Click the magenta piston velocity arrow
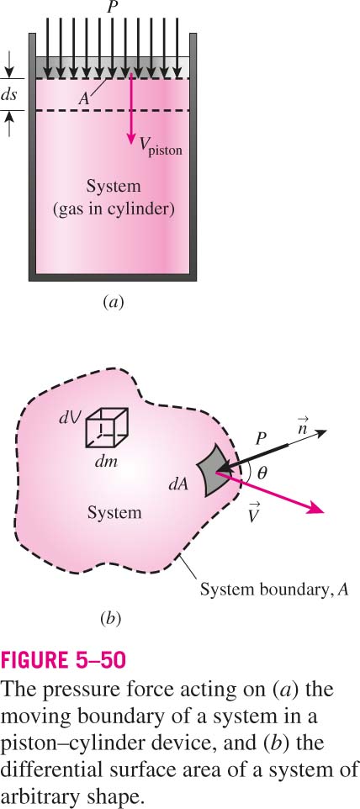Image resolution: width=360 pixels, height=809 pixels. point(131,108)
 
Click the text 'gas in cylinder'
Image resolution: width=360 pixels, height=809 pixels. point(114,209)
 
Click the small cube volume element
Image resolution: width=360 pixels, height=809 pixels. point(106,427)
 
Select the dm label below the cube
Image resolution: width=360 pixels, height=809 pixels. point(106,460)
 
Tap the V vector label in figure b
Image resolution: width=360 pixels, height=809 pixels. point(253,514)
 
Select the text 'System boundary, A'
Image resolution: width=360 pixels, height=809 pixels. point(274,590)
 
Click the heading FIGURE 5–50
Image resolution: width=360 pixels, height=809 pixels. point(63,660)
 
